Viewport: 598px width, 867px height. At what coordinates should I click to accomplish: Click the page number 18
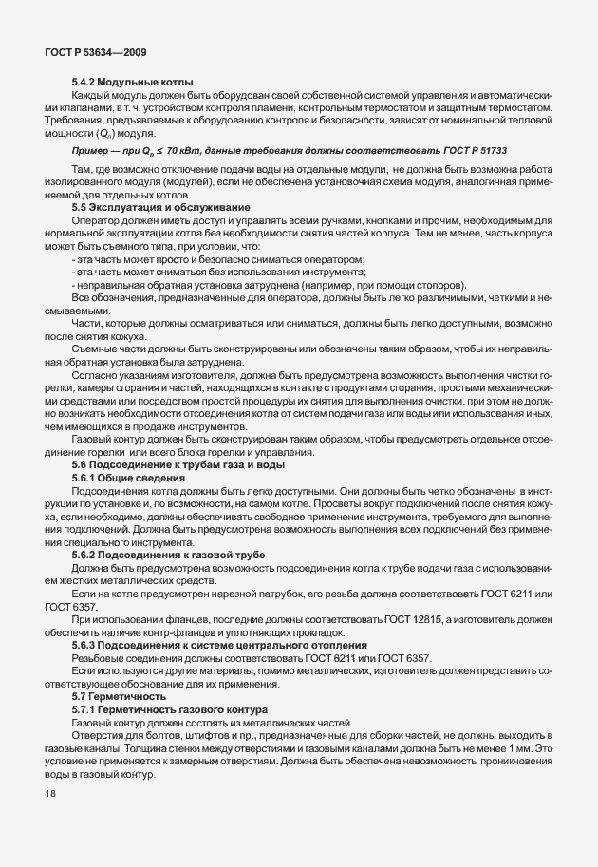[x=49, y=793]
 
